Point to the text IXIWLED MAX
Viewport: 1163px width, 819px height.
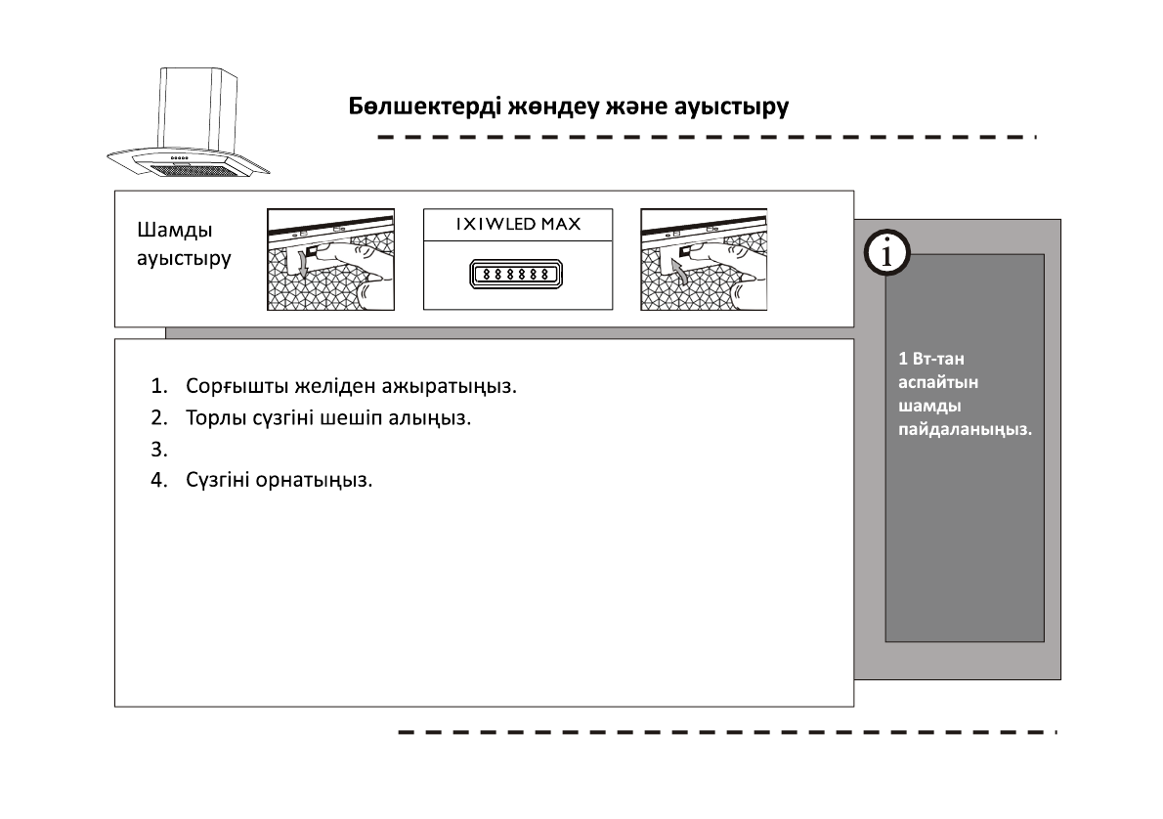coord(518,225)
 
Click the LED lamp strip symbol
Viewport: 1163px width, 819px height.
coord(518,275)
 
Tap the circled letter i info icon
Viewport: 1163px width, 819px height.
coord(886,254)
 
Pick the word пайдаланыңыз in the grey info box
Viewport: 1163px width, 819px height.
coord(965,429)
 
